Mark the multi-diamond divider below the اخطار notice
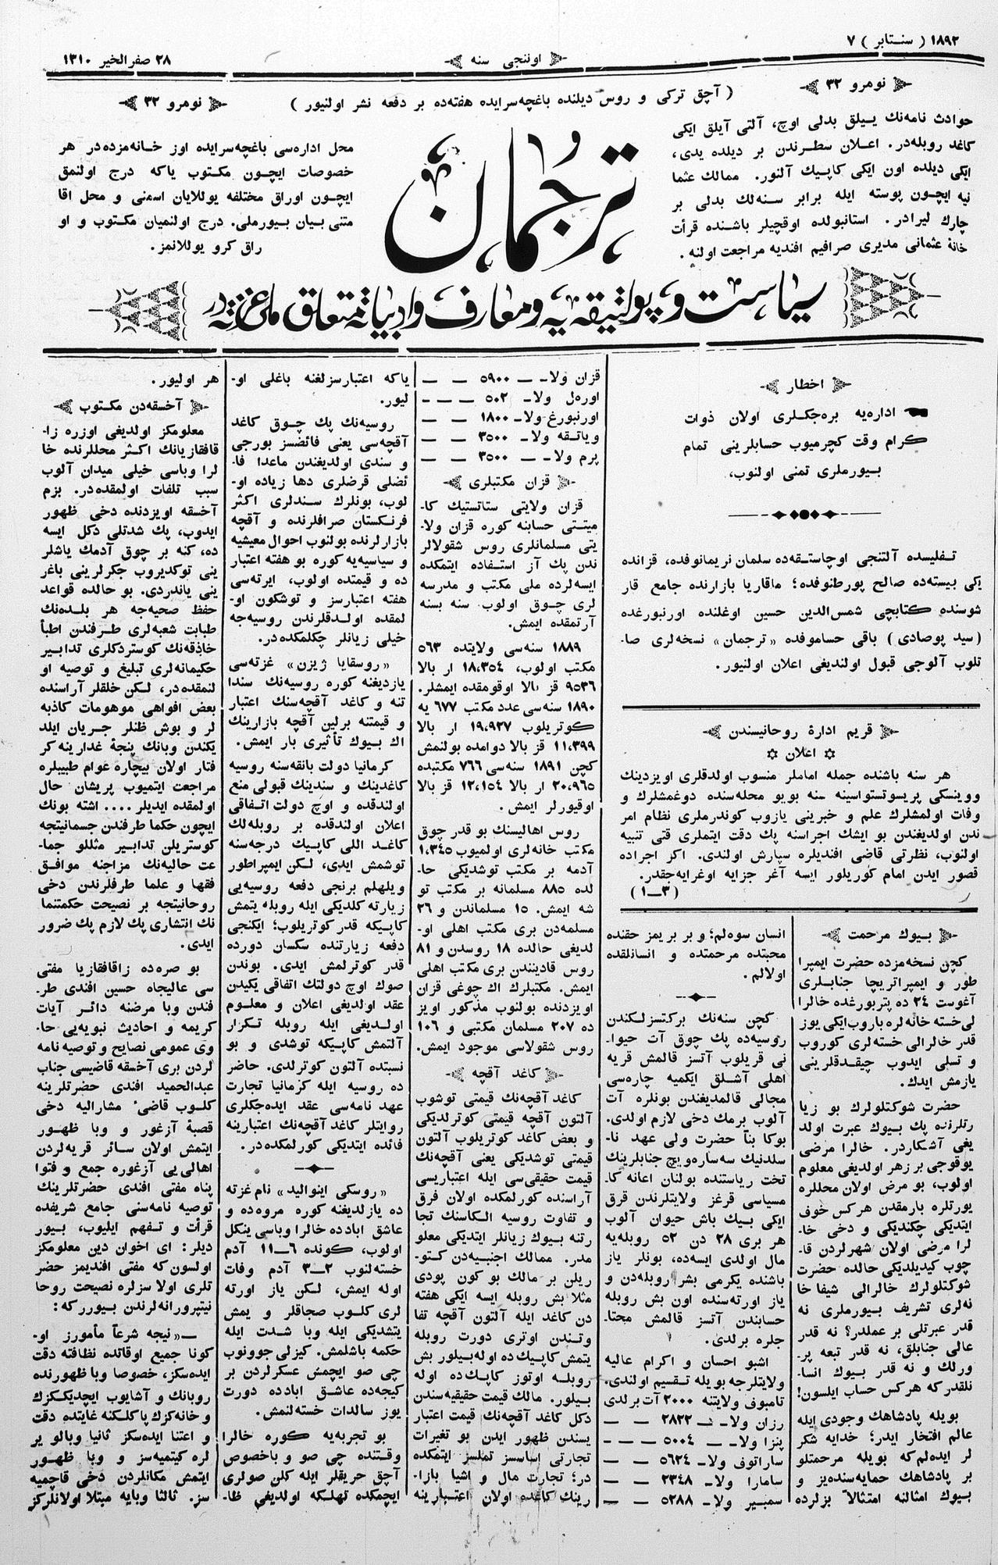tap(804, 515)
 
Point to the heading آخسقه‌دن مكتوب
tap(128, 407)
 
